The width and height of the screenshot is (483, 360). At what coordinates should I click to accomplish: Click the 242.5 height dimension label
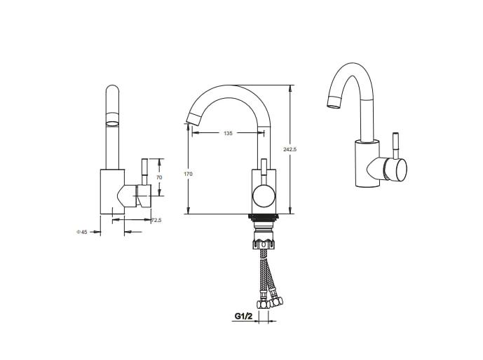pyautogui.click(x=290, y=150)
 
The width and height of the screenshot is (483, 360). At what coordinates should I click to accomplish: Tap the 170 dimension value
pyautogui.click(x=188, y=174)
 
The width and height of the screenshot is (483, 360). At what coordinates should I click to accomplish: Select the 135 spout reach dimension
pyautogui.click(x=228, y=133)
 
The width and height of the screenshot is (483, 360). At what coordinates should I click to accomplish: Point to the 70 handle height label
pyautogui.click(x=159, y=177)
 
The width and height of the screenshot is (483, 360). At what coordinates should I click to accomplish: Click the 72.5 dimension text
pyautogui.click(x=156, y=221)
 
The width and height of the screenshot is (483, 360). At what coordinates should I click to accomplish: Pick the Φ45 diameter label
pyautogui.click(x=82, y=232)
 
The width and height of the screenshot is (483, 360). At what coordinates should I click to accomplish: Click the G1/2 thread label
pyautogui.click(x=243, y=316)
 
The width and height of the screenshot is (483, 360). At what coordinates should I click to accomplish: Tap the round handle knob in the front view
pyautogui.click(x=264, y=195)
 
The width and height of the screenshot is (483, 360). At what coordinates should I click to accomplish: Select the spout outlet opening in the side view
pyautogui.click(x=112, y=124)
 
